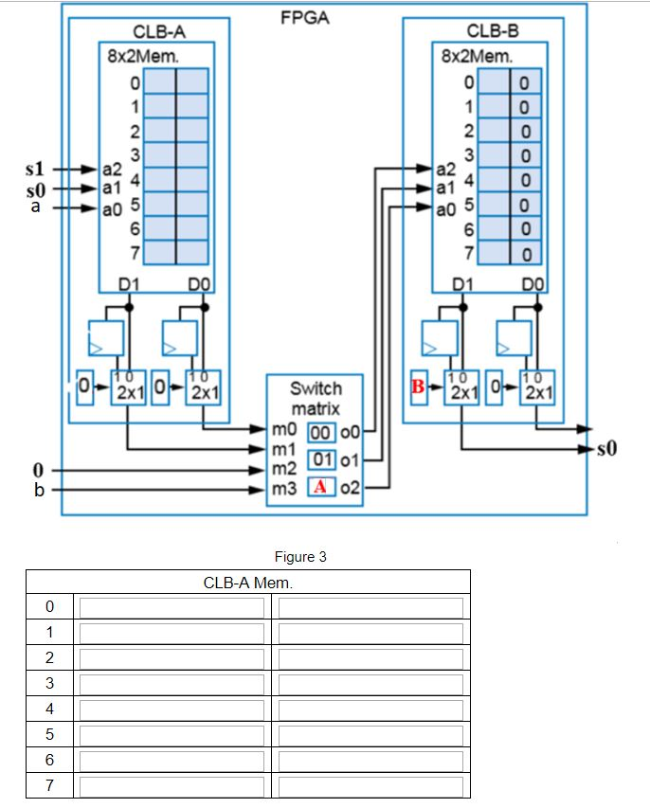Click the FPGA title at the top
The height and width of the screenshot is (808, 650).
coord(305,18)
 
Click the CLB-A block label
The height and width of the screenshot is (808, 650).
coord(158,32)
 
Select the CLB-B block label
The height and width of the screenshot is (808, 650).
coord(492,32)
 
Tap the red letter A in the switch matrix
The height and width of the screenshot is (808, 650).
coord(321,487)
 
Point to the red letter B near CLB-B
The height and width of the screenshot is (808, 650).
coord(417,386)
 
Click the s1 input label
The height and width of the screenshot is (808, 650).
coord(34,169)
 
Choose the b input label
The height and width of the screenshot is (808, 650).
coord(37,490)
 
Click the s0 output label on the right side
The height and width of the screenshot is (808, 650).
coord(606,448)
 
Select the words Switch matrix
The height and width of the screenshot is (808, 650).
coord(316,399)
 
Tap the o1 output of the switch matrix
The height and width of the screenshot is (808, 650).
coord(351,460)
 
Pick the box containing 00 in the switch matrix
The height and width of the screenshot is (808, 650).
coord(321,433)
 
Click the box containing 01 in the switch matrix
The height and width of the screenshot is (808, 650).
coord(321,460)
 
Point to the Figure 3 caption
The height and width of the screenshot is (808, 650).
coord(299,557)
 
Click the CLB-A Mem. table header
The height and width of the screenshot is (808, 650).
coord(247,582)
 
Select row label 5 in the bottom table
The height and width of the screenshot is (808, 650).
coord(50,735)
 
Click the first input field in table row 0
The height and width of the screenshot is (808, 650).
coord(172,607)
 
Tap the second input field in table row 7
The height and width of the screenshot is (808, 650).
coord(370,786)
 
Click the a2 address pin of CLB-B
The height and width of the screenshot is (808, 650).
coord(444,170)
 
